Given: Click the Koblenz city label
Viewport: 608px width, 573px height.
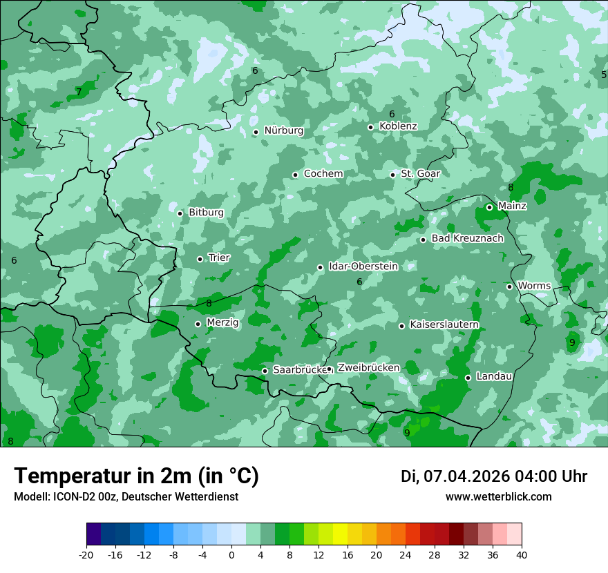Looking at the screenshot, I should point(398,126).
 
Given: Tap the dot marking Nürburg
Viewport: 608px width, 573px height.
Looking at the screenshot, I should point(256,132).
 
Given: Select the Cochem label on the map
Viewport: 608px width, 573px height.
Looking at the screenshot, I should point(323,174).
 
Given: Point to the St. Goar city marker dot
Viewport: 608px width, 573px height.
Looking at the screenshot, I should point(392,175).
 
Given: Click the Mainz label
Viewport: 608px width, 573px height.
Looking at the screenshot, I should point(512,206).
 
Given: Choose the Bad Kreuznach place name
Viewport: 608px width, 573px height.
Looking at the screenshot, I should point(467,239).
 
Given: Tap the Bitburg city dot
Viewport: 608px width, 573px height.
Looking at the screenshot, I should point(180,213).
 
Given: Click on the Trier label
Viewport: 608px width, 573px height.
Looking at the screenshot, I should point(219,258).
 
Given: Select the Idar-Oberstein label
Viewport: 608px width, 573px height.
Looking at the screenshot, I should point(363,266).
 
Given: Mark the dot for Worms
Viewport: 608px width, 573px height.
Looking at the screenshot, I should point(509,286).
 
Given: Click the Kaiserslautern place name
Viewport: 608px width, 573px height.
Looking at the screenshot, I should point(444,325).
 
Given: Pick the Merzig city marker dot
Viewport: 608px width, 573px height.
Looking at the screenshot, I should point(198,324).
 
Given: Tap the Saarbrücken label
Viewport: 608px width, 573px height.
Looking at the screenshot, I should point(299,370).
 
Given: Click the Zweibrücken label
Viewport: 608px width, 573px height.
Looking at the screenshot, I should point(368,368).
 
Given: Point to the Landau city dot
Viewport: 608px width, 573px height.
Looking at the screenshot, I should point(468,378).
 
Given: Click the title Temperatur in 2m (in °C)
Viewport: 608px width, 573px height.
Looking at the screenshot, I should point(136,476).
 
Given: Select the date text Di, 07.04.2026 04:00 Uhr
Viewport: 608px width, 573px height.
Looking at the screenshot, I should point(494,476).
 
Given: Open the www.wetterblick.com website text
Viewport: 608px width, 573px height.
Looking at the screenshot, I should point(498,497).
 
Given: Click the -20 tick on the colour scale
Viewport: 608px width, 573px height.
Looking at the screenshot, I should point(86,555).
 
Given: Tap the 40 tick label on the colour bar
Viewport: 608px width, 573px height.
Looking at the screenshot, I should point(522,555).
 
